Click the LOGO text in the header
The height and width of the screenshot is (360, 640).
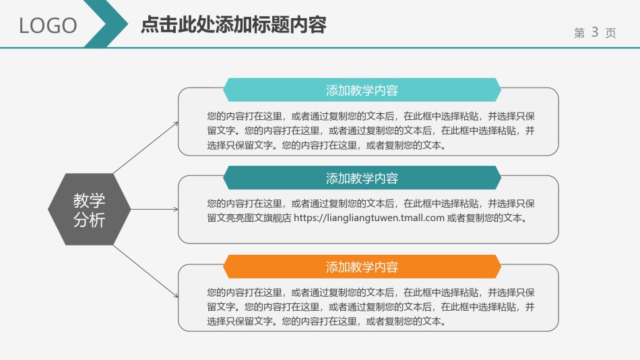coord(48,26)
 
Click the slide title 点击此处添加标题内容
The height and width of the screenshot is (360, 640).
coord(233,25)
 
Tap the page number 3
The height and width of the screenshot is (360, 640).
coord(594,32)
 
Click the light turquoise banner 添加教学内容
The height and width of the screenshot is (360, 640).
coord(362,90)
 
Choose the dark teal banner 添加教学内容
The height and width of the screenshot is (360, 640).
coord(362,178)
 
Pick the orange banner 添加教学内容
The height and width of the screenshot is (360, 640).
coord(362,267)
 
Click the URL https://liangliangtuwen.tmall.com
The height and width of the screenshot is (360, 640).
coord(369,218)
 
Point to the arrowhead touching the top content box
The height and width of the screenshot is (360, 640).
coord(176,123)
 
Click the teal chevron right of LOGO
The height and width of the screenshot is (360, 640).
coord(108,24)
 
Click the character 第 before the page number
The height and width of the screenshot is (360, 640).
coord(579,33)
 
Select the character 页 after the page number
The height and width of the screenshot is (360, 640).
coord(610,33)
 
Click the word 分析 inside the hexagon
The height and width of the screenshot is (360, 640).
coord(89,219)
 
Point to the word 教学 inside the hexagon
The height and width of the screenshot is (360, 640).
coord(89,200)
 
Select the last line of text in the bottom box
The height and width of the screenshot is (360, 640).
coord(326,322)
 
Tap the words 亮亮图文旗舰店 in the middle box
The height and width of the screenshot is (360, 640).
coord(257,218)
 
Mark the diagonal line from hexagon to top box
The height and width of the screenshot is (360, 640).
coord(145,148)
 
